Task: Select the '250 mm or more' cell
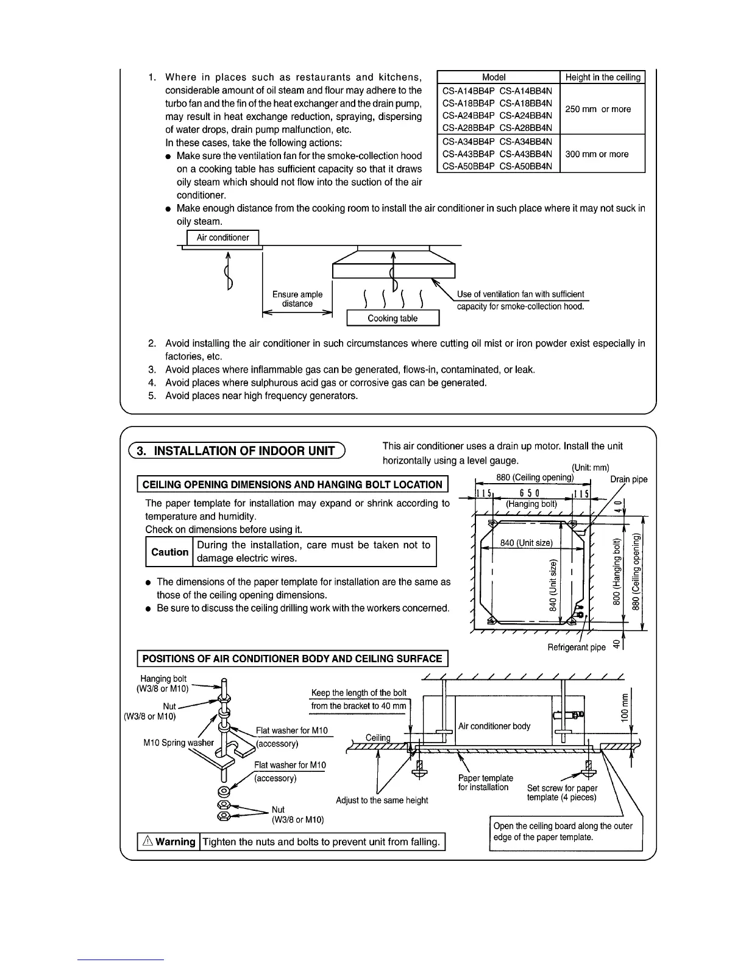click(x=598, y=109)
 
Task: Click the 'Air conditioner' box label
click(x=222, y=238)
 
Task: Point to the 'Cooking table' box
click(x=393, y=319)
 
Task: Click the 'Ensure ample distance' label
click(x=297, y=299)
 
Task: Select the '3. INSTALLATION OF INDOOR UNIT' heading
click(x=236, y=451)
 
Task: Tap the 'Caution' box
click(x=169, y=552)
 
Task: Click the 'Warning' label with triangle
click(x=169, y=842)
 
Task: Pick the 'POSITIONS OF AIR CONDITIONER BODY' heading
click(x=292, y=659)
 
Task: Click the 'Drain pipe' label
click(x=629, y=479)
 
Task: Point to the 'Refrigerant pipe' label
click(x=576, y=647)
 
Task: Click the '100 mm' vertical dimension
click(x=625, y=707)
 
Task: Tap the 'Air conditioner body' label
click(x=494, y=726)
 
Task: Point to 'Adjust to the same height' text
click(x=382, y=800)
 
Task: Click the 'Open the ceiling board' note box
click(x=566, y=832)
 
